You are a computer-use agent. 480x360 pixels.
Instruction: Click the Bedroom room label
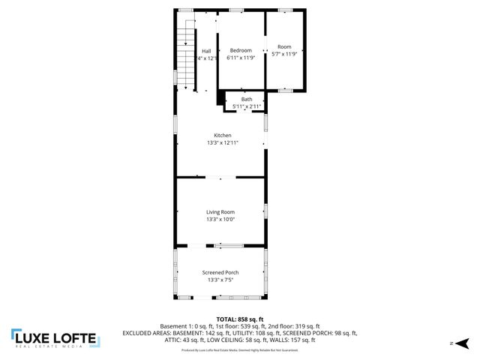tap(241, 50)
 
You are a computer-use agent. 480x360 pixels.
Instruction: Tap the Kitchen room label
tap(222, 135)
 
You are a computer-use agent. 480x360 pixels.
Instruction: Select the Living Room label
tap(220, 212)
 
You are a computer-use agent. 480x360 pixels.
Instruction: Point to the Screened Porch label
tap(220, 272)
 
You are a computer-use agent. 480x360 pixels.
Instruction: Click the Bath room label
tap(246, 99)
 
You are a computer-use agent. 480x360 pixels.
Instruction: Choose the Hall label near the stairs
tap(205, 51)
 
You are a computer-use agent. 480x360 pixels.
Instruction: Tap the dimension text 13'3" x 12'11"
tap(222, 142)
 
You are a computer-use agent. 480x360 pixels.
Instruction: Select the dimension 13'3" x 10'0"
tap(220, 220)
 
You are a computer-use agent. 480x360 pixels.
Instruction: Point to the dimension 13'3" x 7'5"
tap(220, 280)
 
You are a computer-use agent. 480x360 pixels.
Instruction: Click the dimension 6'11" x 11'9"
tap(241, 58)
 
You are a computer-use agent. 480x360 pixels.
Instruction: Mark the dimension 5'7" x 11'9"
tap(284, 54)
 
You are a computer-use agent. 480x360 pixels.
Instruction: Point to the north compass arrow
tap(463, 343)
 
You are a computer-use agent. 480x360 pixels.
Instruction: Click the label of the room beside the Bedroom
tap(284, 46)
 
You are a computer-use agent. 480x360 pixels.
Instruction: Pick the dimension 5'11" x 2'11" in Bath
tap(246, 106)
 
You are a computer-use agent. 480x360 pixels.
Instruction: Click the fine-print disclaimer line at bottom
tap(240, 350)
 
